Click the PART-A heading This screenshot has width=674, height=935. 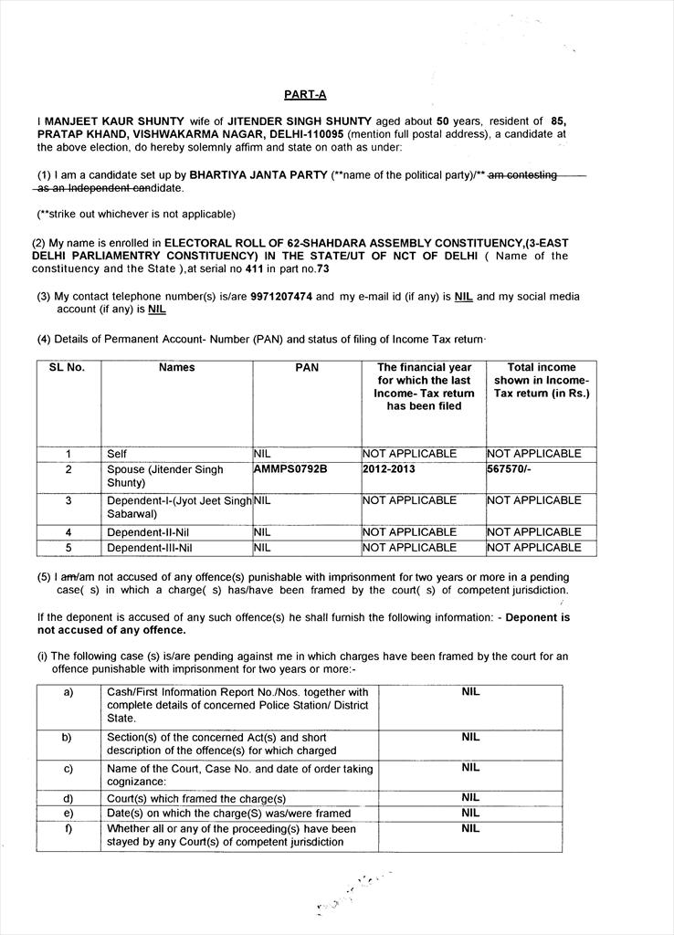[x=305, y=94]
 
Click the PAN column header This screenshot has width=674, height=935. [x=307, y=368]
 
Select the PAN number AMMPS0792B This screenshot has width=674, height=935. [x=290, y=469]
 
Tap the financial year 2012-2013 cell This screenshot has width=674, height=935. [x=388, y=469]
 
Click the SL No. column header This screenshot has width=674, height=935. [x=67, y=368]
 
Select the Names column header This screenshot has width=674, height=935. [x=176, y=368]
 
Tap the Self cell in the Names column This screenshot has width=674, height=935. [x=117, y=454]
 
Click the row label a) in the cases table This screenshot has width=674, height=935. [x=68, y=692]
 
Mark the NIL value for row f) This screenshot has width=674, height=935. [x=470, y=828]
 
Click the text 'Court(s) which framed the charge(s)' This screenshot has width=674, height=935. [x=196, y=799]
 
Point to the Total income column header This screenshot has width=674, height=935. [x=542, y=381]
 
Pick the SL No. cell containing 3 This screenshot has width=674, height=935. [x=68, y=500]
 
